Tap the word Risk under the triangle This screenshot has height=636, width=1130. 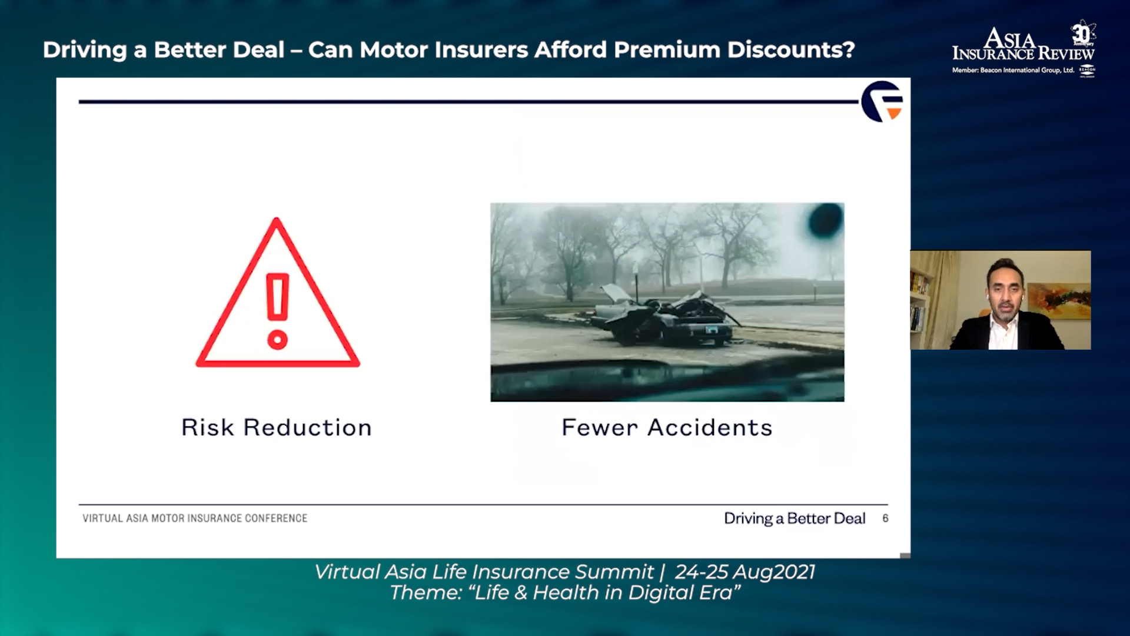pyautogui.click(x=207, y=428)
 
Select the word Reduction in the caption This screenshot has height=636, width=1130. pyautogui.click(x=308, y=428)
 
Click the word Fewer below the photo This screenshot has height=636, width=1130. pyautogui.click(x=600, y=428)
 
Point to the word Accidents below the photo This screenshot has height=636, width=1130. pyautogui.click(x=710, y=428)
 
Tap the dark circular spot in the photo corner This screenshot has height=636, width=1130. pyautogui.click(x=826, y=221)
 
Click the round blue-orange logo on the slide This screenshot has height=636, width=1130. pyautogui.click(x=882, y=101)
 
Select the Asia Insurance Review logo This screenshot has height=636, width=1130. pyautogui.click(x=1023, y=49)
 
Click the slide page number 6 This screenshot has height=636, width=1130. pyautogui.click(x=885, y=518)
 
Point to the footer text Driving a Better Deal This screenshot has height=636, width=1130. pyautogui.click(x=795, y=518)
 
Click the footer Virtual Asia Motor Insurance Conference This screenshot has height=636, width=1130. pyautogui.click(x=195, y=518)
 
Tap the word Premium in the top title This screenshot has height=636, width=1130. pyautogui.click(x=667, y=50)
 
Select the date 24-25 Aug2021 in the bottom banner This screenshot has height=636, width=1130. pyautogui.click(x=745, y=572)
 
